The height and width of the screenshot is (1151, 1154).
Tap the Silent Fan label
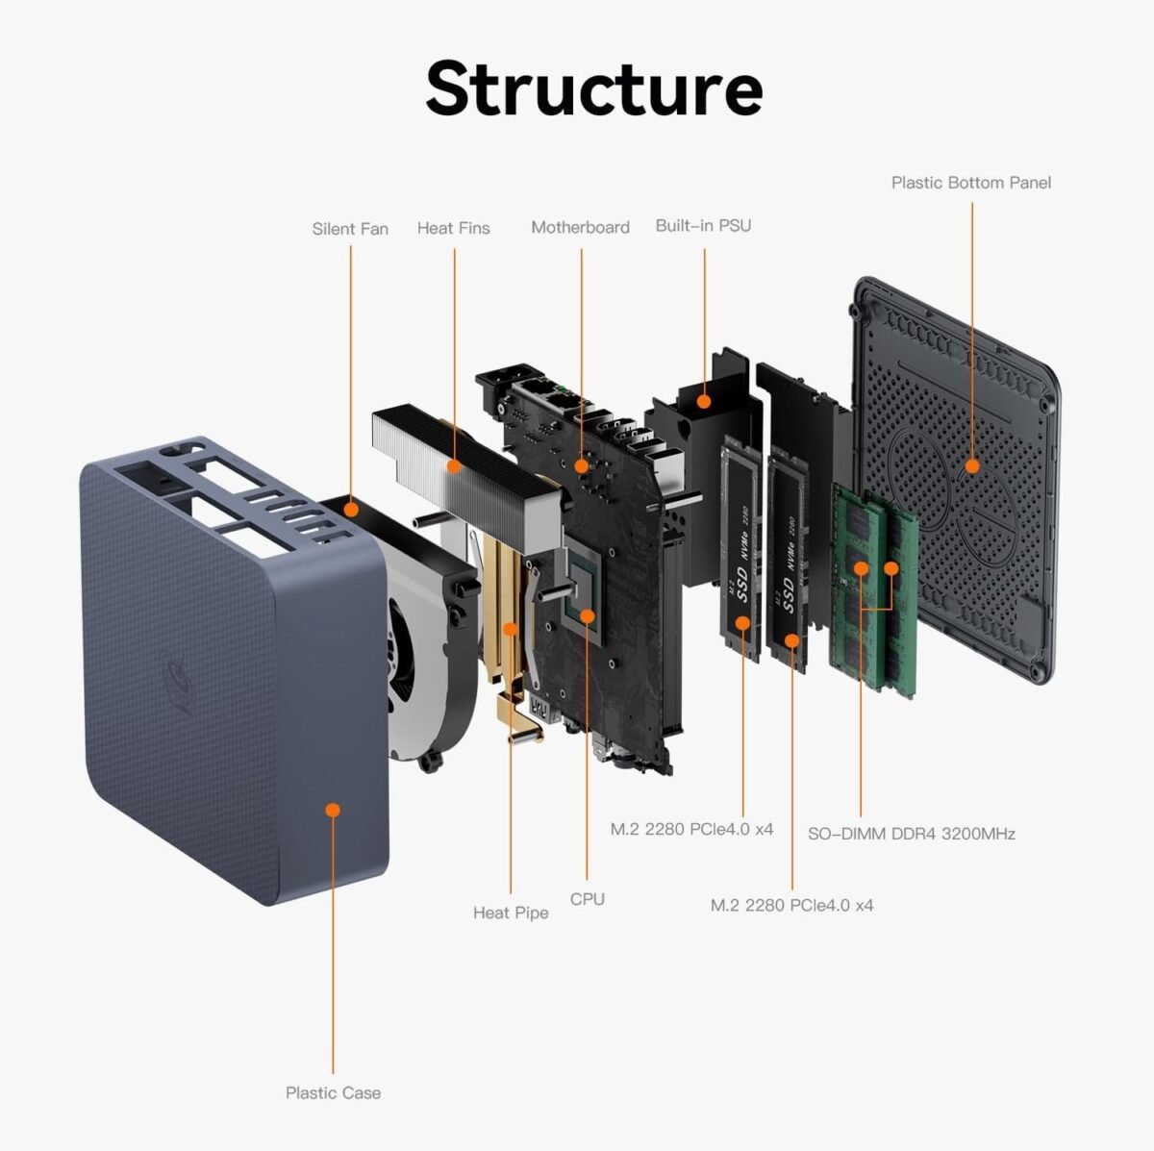pyautogui.click(x=350, y=229)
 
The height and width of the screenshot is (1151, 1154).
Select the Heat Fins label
pyautogui.click(x=453, y=228)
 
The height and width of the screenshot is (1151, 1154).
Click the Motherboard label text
pyautogui.click(x=580, y=227)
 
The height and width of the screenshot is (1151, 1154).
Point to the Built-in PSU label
pyautogui.click(x=703, y=226)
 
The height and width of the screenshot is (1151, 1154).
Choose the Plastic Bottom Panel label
pyautogui.click(x=970, y=183)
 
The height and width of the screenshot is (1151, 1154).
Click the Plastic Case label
pyautogui.click(x=333, y=1092)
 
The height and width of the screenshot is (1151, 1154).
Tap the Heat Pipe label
pyautogui.click(x=511, y=913)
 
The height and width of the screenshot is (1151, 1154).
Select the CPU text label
pyautogui.click(x=587, y=899)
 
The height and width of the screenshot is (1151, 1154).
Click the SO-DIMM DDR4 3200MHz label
pyautogui.click(x=911, y=834)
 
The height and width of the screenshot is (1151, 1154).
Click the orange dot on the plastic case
pyautogui.click(x=333, y=810)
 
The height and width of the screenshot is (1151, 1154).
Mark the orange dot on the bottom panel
pyautogui.click(x=971, y=466)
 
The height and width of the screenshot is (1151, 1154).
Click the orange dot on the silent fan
pyautogui.click(x=351, y=509)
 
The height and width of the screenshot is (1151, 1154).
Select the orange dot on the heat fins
pyautogui.click(x=454, y=466)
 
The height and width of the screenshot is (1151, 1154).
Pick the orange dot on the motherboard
pyautogui.click(x=581, y=465)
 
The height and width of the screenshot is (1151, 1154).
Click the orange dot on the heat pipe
pyautogui.click(x=512, y=629)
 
